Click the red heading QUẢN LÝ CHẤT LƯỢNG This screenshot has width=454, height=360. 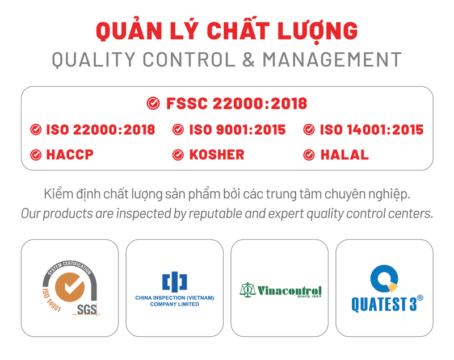click(x=226, y=31)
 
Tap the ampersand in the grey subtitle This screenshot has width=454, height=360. click(x=249, y=60)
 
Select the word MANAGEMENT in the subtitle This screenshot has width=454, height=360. click(x=331, y=60)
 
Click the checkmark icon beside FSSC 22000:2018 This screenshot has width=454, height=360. click(x=153, y=103)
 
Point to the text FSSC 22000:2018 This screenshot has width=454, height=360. click(x=236, y=103)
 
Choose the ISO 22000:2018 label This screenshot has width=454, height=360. click(x=100, y=129)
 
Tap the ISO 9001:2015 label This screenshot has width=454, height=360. click(x=237, y=129)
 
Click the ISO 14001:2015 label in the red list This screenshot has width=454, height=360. click(x=372, y=129)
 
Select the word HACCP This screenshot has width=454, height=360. click(x=70, y=154)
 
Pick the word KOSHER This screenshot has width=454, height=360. click(x=217, y=154)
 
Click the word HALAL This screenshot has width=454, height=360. click(x=344, y=154)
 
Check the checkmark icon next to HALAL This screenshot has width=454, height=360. click(x=309, y=154)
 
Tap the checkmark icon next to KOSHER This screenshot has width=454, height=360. click(x=178, y=154)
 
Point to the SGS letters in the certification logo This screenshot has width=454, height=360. click(x=87, y=309)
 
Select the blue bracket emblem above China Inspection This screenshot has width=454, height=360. click(x=174, y=281)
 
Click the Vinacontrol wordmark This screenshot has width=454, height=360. click(x=289, y=290)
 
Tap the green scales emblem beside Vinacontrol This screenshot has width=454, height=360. click(x=247, y=290)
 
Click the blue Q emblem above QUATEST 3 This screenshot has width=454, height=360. click(x=384, y=278)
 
